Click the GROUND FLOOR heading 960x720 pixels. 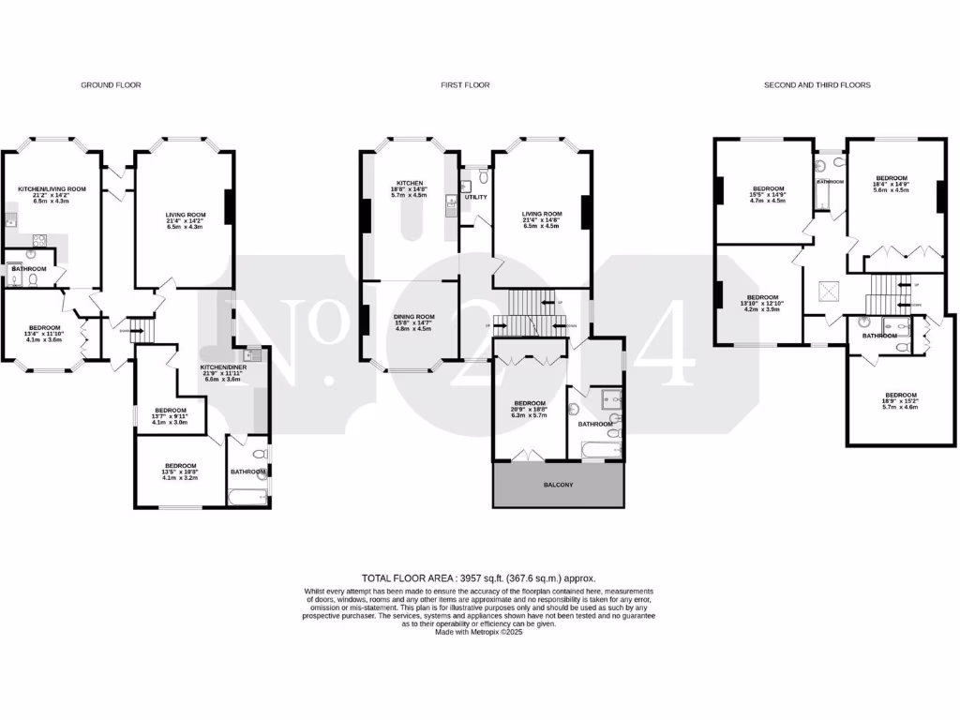coord(111,85)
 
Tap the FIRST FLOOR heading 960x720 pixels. coord(465,85)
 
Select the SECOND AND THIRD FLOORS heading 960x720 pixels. coord(817,85)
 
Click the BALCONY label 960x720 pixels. coord(559,485)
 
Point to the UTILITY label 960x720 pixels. coord(475,197)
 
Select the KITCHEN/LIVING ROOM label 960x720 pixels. coord(52,188)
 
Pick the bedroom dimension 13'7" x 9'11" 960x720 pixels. coord(171,416)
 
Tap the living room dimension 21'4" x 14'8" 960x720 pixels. coord(542,219)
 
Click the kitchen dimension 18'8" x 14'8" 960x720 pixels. coord(410,189)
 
